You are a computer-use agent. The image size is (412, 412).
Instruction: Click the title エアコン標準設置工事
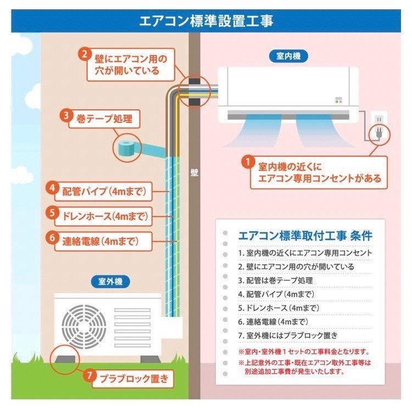click(x=206, y=21)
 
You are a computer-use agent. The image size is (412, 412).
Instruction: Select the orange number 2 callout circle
click(x=85, y=54)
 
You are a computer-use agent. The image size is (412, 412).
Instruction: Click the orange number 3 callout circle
click(x=66, y=115)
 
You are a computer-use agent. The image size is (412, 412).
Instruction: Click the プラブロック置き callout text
click(x=134, y=378)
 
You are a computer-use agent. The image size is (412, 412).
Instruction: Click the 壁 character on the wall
click(x=194, y=171)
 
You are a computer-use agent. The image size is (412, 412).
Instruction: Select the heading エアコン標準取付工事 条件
click(x=305, y=236)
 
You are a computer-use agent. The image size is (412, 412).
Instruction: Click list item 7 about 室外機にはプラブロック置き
click(x=288, y=335)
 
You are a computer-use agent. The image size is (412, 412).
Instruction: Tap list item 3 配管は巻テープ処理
click(x=275, y=280)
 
